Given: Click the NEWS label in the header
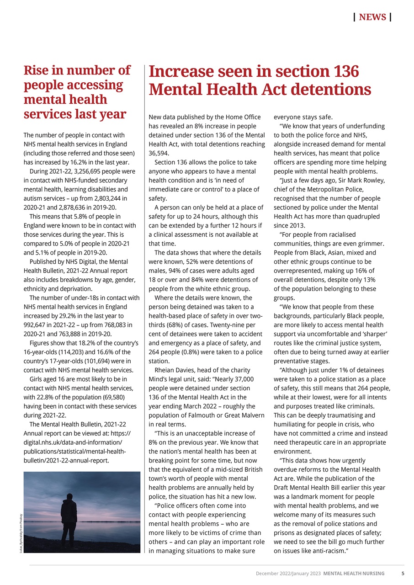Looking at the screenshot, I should point(372,17).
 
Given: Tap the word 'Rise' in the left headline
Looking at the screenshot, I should point(37,71).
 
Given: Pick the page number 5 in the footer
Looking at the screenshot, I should point(403,573).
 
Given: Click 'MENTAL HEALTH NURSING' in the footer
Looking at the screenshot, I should point(354,573).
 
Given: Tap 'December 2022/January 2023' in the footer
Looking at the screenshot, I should point(288,573).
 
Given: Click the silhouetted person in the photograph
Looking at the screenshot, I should point(69,521).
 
